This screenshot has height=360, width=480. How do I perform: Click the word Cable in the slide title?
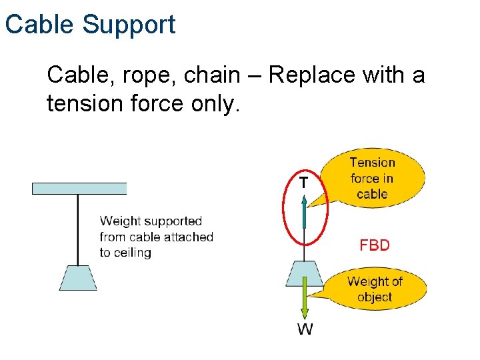(40, 25)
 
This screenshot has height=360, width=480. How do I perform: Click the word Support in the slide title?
(129, 25)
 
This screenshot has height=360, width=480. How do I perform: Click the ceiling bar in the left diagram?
(79, 188)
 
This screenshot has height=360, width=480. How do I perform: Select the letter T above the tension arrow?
(303, 182)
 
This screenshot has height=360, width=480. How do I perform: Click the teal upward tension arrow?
(304, 211)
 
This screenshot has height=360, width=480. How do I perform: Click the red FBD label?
(374, 245)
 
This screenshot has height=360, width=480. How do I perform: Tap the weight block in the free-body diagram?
(304, 274)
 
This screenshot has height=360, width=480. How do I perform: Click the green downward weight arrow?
(305, 300)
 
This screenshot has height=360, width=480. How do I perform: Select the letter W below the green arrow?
(304, 329)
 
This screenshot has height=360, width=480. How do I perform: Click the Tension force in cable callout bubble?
(373, 178)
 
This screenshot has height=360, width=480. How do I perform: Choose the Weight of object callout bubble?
(375, 289)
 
